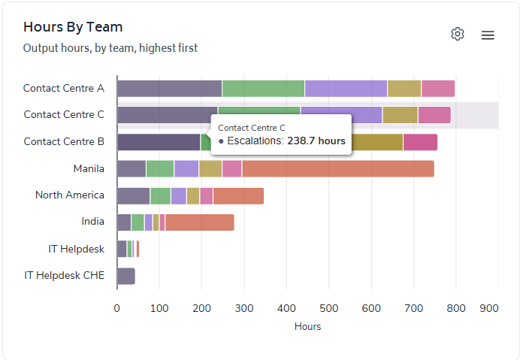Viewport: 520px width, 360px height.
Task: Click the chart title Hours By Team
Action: pos(73,27)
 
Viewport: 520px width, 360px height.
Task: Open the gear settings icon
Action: pos(458,34)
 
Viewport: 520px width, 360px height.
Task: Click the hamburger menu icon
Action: pos(488,35)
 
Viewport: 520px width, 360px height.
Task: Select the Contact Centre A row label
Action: pos(64,88)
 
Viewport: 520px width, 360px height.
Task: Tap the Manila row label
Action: pos(89,168)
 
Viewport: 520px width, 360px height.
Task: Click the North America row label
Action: pos(70,195)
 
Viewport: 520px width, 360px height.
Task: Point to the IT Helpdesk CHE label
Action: pos(65,275)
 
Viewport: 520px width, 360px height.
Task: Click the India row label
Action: pos(93,222)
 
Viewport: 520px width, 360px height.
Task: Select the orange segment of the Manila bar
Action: pos(337,168)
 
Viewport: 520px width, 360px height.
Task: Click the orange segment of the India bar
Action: pos(199,222)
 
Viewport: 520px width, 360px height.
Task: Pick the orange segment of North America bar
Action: pos(238,195)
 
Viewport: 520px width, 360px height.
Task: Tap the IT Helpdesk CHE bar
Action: pos(126,276)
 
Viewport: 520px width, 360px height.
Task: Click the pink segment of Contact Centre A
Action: pos(437,88)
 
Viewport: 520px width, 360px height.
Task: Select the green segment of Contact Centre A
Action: pos(263,88)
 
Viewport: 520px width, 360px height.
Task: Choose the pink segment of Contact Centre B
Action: pos(420,142)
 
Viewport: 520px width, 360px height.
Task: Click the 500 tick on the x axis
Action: pos(329,308)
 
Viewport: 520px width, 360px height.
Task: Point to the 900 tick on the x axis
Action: pos(489,308)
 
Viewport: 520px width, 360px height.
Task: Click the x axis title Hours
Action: pos(307,327)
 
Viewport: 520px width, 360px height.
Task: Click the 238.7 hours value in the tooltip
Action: pos(316,141)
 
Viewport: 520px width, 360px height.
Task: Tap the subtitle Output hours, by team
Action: pos(110,48)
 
